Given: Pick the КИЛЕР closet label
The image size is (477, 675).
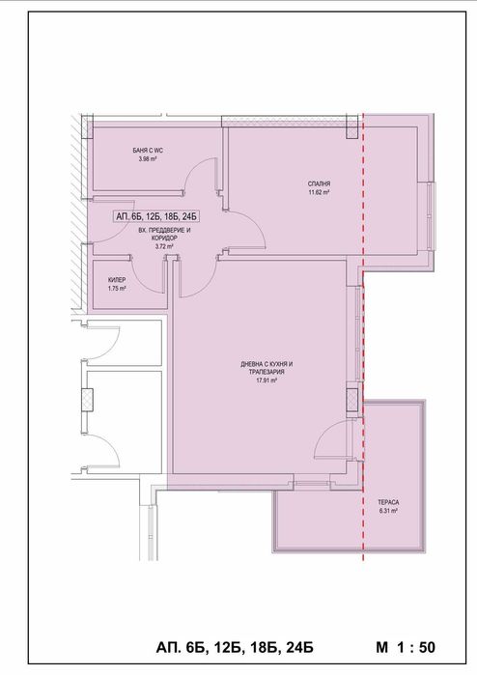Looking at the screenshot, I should (x=117, y=279).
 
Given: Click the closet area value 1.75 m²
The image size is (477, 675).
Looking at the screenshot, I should (x=117, y=289).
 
